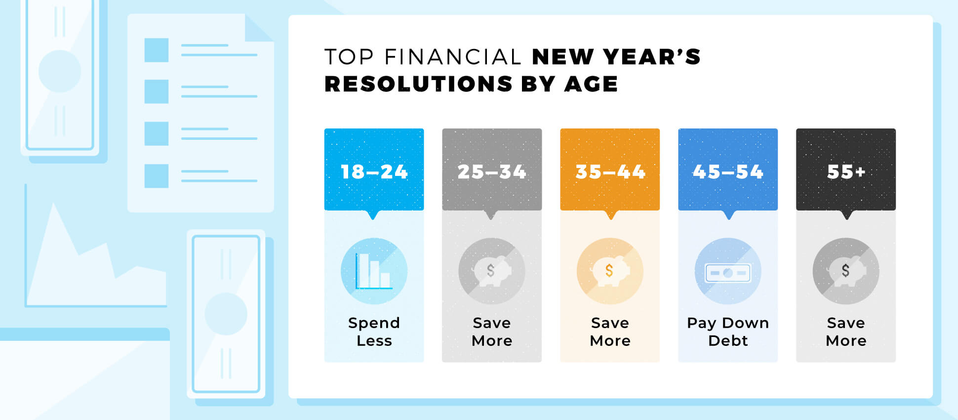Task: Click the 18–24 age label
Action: [374, 172]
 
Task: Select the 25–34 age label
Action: [492, 172]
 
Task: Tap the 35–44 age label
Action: [610, 172]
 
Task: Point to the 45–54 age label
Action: [728, 172]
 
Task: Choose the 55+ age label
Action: [846, 172]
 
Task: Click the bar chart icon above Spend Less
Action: [374, 271]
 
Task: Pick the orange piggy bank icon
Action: [610, 271]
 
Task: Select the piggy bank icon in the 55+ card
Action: [846, 271]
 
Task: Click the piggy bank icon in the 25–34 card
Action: [492, 271]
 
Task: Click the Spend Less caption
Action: [374, 332]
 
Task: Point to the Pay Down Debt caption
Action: [728, 332]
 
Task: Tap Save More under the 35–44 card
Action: [610, 332]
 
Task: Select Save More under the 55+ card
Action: [846, 332]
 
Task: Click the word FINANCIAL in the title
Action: [453, 57]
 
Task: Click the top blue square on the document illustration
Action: [157, 50]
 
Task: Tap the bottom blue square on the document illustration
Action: [157, 176]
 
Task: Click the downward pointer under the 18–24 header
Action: [373, 215]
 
